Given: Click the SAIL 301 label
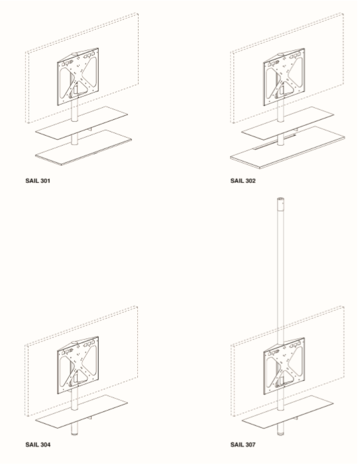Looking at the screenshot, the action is (38, 181).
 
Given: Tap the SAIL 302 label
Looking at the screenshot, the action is (243, 181).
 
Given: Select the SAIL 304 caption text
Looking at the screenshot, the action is (38, 444).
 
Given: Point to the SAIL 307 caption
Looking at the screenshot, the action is (243, 444).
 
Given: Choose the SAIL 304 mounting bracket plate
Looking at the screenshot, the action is (78, 366).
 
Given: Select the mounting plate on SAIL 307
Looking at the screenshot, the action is (284, 367).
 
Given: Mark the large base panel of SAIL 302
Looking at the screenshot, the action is (287, 148).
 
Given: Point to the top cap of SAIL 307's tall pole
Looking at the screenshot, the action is (280, 200).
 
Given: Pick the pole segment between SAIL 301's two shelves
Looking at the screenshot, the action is (74, 139).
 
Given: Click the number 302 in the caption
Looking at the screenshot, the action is (250, 181).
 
